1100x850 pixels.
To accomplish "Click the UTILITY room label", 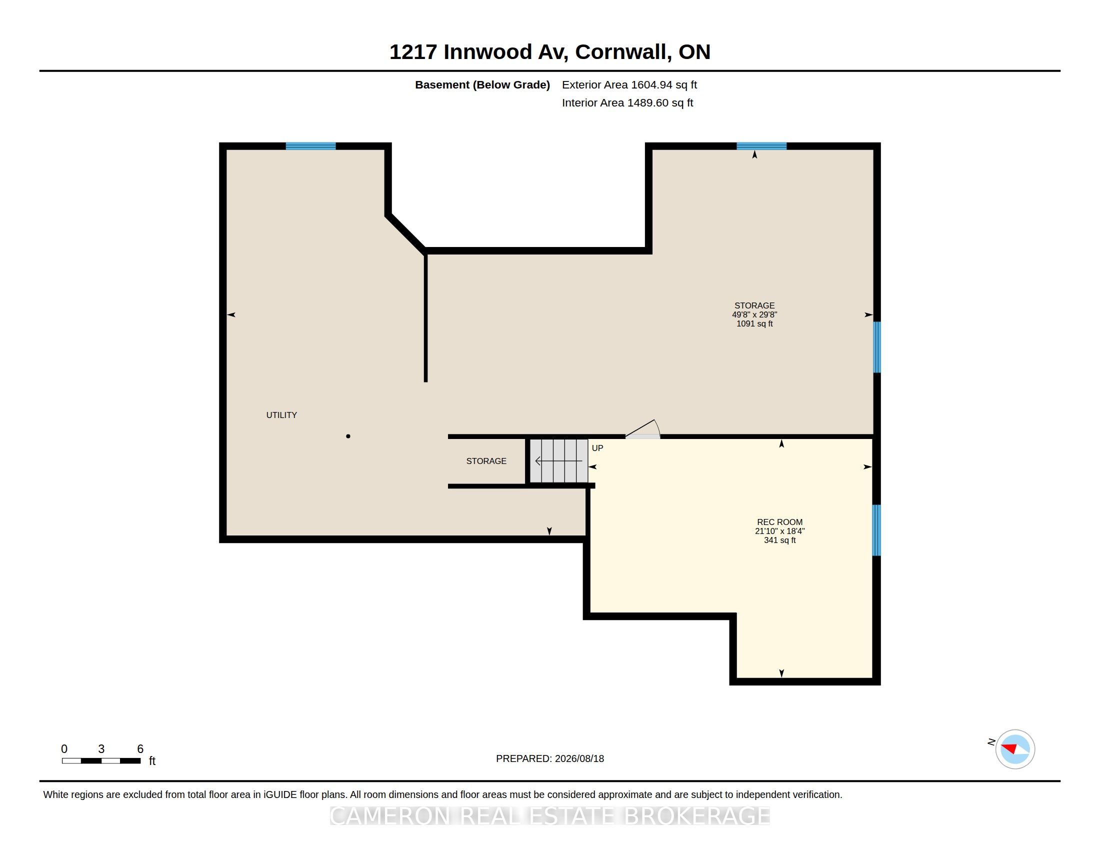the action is pyautogui.click(x=281, y=415).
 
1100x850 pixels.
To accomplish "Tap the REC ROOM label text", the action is pyautogui.click(x=779, y=522).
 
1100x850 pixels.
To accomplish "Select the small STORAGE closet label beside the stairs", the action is pyautogui.click(x=486, y=461).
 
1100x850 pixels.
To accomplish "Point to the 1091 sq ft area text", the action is pyautogui.click(x=754, y=323).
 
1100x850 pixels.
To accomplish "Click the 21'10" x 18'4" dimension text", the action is pyautogui.click(x=779, y=531).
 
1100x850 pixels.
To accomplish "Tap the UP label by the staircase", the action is pyautogui.click(x=597, y=447).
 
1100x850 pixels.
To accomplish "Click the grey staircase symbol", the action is pyautogui.click(x=558, y=461).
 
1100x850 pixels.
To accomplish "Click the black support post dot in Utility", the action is pyautogui.click(x=348, y=436).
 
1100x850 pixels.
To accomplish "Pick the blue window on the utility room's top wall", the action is pyautogui.click(x=311, y=146).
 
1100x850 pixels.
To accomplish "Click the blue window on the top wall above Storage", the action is pyautogui.click(x=761, y=146).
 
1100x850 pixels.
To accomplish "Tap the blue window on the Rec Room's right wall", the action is pyautogui.click(x=876, y=530).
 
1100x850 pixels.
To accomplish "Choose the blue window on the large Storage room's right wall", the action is pyautogui.click(x=876, y=347).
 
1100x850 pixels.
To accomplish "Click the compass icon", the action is pyautogui.click(x=1015, y=749).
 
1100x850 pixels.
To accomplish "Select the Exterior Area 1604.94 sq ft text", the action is pyautogui.click(x=629, y=84).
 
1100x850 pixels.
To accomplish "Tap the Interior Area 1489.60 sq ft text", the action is pyautogui.click(x=627, y=102).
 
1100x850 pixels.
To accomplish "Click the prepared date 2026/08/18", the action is pyautogui.click(x=579, y=758).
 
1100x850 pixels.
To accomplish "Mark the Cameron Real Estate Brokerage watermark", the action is pyautogui.click(x=550, y=816).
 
